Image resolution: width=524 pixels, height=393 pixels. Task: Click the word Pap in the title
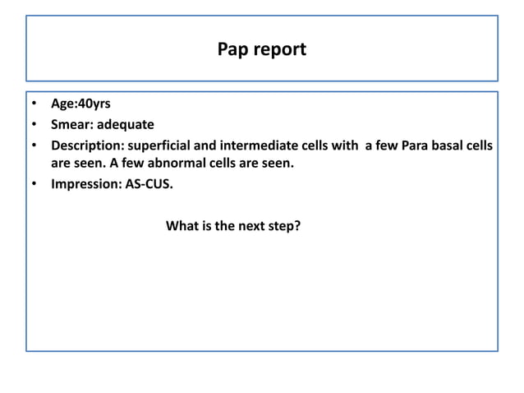pos(232,49)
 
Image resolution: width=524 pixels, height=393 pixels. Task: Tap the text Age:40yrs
pos(81,105)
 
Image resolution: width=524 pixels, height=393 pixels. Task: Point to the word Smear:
pos(72,126)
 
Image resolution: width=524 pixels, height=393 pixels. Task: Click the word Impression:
pos(86,184)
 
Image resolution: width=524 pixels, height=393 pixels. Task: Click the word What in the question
pos(182,224)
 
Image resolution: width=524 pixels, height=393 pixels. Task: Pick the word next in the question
pos(250,224)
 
